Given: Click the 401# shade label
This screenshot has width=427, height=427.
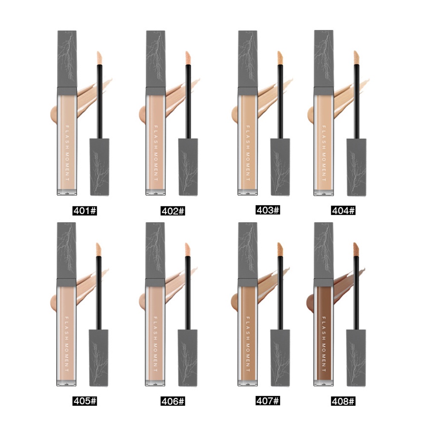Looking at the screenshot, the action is coord(85,211).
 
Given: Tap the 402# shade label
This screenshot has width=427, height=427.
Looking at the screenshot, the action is coord(173,211).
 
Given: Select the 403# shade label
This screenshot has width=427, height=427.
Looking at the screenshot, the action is coord(268,210).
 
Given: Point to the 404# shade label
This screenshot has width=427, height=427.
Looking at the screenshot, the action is coord(343,210).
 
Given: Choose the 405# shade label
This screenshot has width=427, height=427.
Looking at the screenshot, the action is coord(85,401).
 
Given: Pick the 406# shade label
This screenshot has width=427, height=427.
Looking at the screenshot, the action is coord(173,401).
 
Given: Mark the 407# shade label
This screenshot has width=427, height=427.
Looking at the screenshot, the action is coord(268,401).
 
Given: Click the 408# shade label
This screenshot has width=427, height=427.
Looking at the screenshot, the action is coord(343,401).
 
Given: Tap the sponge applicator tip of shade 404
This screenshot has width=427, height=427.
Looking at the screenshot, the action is coord(357,57).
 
